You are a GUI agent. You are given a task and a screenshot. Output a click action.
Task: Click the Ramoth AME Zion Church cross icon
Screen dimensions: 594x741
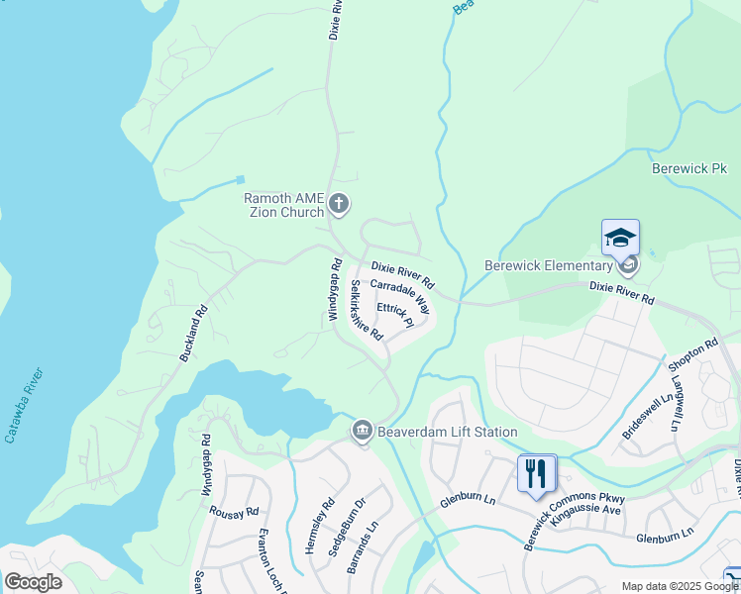[x=339, y=204]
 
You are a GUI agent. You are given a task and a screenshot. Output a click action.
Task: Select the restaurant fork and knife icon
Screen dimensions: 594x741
[x=536, y=473]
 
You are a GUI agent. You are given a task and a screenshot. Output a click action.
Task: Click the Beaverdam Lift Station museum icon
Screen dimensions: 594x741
[x=363, y=432]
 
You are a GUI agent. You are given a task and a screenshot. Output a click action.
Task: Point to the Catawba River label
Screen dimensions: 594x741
[x=24, y=404]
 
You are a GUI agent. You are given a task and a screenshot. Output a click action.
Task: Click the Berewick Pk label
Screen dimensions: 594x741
[x=689, y=169]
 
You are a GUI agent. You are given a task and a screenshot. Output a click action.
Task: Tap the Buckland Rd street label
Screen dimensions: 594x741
[x=194, y=332]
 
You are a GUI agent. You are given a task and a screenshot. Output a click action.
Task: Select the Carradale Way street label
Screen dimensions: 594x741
[x=399, y=295]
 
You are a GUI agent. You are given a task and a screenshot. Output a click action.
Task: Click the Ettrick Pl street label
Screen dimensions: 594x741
[x=394, y=315]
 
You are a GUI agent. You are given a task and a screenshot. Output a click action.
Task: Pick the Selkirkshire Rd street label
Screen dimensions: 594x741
[x=367, y=310]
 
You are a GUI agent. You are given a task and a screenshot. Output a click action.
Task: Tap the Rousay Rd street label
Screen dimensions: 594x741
[x=234, y=512]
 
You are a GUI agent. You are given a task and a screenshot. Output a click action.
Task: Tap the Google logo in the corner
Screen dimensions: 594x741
[x=33, y=581]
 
